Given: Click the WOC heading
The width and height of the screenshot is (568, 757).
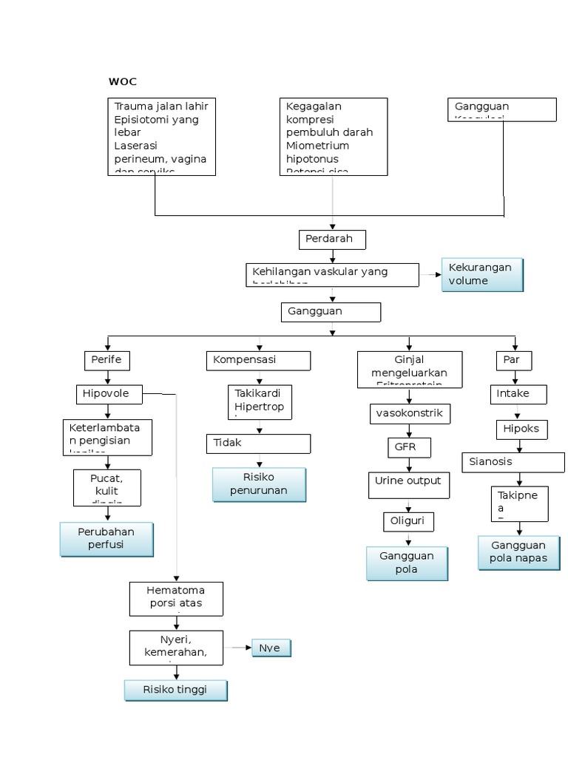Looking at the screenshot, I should pyautogui.click(x=123, y=81).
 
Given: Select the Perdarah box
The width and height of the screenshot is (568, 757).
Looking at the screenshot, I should pyautogui.click(x=332, y=240).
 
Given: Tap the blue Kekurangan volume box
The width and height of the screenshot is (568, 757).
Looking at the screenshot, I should pyautogui.click(x=482, y=274).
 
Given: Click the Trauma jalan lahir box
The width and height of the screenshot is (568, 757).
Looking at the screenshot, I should pyautogui.click(x=162, y=136).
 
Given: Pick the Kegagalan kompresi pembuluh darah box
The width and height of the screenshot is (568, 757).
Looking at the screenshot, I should pyautogui.click(x=333, y=136).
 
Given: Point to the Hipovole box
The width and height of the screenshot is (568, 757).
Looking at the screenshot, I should pyautogui.click(x=109, y=394).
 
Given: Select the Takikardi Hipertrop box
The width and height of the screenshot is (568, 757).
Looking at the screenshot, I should pyautogui.click(x=259, y=401).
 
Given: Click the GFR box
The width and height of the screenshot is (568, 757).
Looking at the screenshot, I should pyautogui.click(x=408, y=447).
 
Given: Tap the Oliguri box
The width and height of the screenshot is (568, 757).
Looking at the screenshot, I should pyautogui.click(x=408, y=521).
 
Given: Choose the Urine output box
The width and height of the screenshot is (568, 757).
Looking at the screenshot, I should pyautogui.click(x=408, y=485).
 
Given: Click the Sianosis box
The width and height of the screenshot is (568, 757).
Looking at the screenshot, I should pyautogui.click(x=513, y=462).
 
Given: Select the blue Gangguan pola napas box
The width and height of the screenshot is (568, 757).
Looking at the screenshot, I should pyautogui.click(x=518, y=552).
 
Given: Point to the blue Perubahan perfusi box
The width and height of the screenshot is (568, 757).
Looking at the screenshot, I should pyautogui.click(x=106, y=539).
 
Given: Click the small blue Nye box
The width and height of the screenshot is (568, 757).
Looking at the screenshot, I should pyautogui.click(x=271, y=648).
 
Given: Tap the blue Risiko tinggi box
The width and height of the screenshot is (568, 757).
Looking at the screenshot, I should pyautogui.click(x=175, y=690).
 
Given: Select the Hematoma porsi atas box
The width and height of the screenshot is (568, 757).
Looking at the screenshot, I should pyautogui.click(x=176, y=598).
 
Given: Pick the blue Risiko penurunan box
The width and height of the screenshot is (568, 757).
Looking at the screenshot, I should pyautogui.click(x=259, y=484).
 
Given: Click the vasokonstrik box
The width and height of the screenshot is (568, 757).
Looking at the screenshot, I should pyautogui.click(x=409, y=413).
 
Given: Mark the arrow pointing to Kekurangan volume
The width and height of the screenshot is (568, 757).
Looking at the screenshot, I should pyautogui.click(x=430, y=275).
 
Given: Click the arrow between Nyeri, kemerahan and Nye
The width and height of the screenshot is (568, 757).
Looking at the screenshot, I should pyautogui.click(x=237, y=648).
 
